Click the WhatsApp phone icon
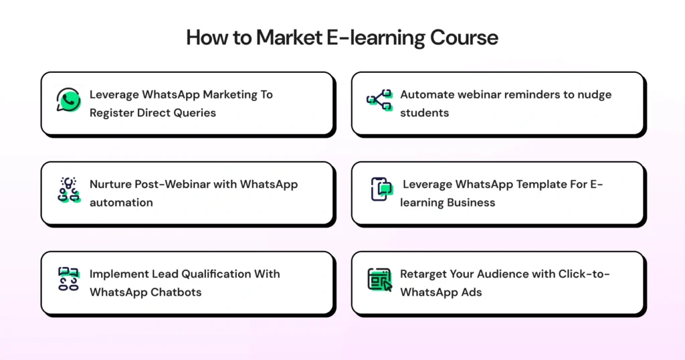[68, 101]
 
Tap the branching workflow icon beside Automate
[379, 102]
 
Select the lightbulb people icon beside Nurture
[68, 191]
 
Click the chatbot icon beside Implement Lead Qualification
[68, 280]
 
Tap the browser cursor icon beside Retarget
[379, 280]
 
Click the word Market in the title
[290, 37]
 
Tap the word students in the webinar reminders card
[424, 112]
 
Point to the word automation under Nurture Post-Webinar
[121, 202]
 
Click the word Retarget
[423, 274]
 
